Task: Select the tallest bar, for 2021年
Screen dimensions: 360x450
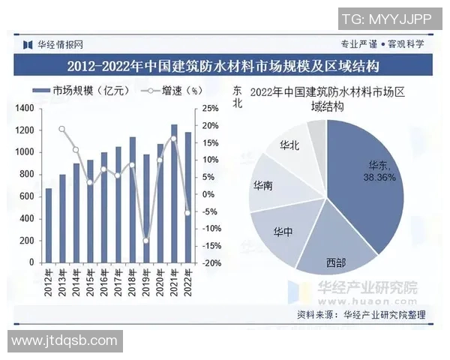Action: pyautogui.click(x=175, y=193)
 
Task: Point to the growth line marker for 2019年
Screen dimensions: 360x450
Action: pyautogui.click(x=147, y=241)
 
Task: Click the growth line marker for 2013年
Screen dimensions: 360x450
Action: pyautogui.click(x=62, y=129)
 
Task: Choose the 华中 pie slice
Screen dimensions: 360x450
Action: pyautogui.click(x=283, y=232)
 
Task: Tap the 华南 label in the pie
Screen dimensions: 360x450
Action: pyautogui.click(x=263, y=185)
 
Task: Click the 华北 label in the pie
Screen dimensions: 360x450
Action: pyautogui.click(x=289, y=145)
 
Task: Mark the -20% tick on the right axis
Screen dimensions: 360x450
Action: pyautogui.click(x=211, y=263)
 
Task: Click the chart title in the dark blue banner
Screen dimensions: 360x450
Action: pyautogui.click(x=223, y=66)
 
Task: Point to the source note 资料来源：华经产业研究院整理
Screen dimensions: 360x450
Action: pyautogui.click(x=361, y=315)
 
